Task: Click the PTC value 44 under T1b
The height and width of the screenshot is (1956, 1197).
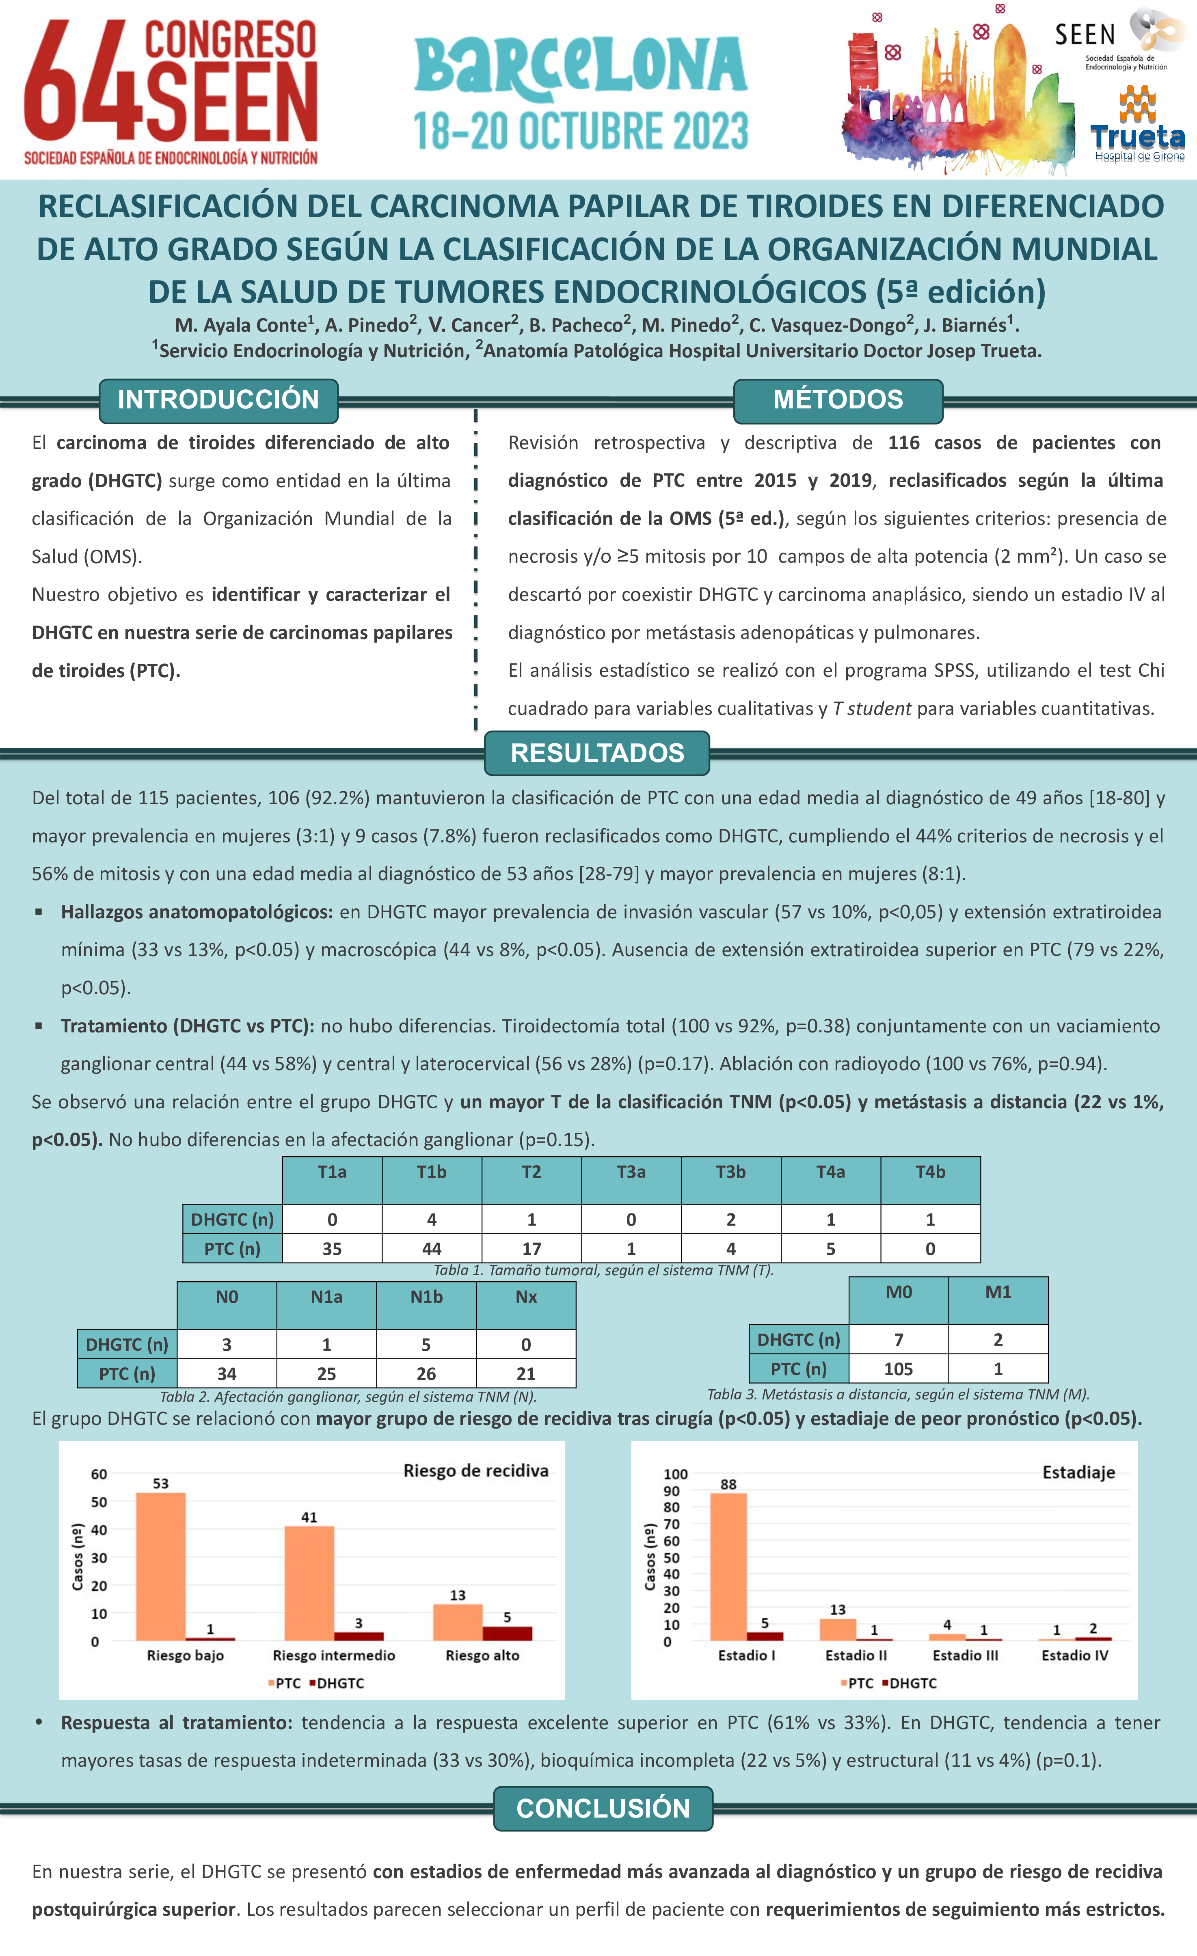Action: pyautogui.click(x=432, y=1249)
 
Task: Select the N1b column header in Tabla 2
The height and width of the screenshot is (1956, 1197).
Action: pyautogui.click(x=426, y=1297)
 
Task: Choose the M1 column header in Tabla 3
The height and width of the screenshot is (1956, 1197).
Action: pyautogui.click(x=998, y=1292)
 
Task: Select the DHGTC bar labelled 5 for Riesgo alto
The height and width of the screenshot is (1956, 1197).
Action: pyautogui.click(x=507, y=1633)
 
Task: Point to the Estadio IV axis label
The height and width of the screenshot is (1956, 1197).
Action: pyautogui.click(x=1075, y=1655)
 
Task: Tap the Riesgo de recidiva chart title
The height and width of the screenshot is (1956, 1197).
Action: pyautogui.click(x=475, y=1471)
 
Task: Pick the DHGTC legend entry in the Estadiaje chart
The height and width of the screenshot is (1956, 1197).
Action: pyautogui.click(x=910, y=1683)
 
